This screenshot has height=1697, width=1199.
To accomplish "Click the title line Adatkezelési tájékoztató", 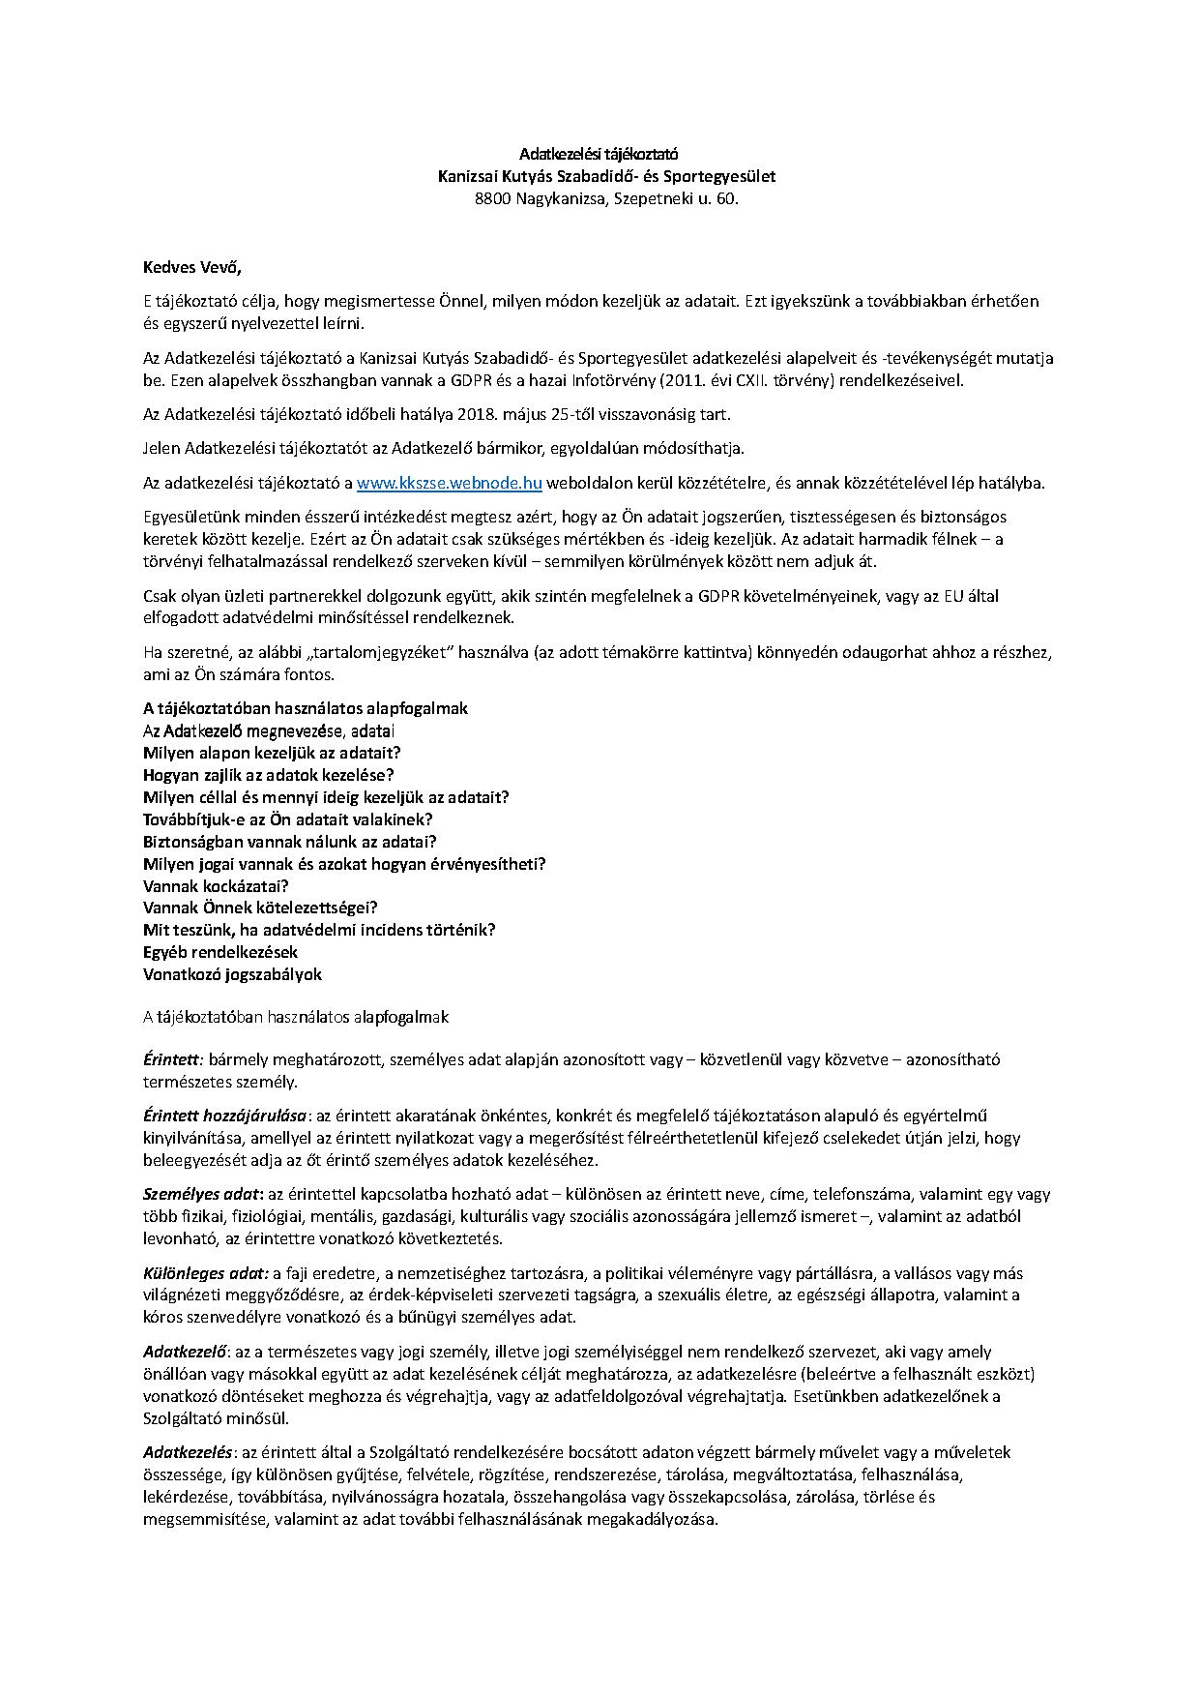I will pyautogui.click(x=599, y=154).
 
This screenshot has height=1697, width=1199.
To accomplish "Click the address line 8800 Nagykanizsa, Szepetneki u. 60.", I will pyautogui.click(x=599, y=199).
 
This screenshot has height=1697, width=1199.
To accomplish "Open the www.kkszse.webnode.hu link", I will pyautogui.click(x=449, y=483).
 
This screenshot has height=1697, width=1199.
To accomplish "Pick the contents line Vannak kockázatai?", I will pyautogui.click(x=217, y=886).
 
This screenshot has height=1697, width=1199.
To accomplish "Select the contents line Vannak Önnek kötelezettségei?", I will pyautogui.click(x=260, y=908).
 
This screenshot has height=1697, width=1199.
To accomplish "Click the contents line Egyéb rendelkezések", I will pyautogui.click(x=220, y=953).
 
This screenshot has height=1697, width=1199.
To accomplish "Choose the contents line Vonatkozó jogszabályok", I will pyautogui.click(x=232, y=975).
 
